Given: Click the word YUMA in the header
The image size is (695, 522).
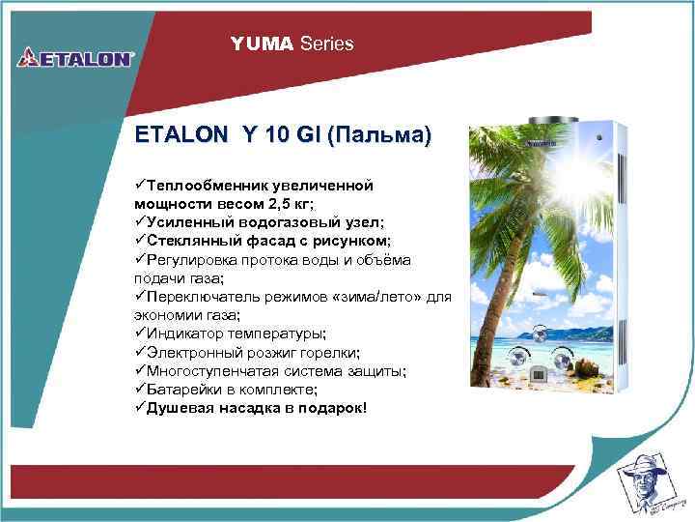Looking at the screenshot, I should click(262, 43).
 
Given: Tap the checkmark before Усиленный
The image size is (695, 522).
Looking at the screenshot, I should click(140, 221).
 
